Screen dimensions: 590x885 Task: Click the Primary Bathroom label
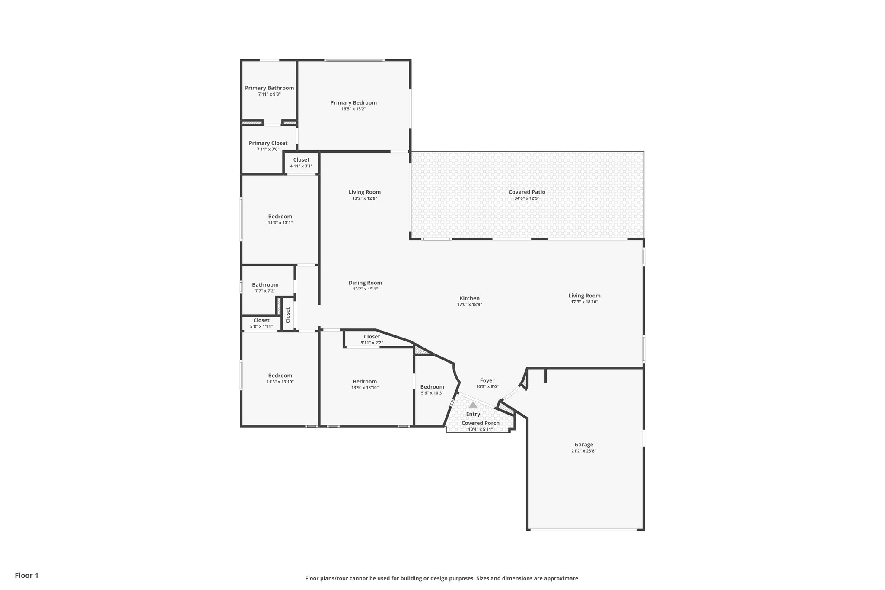pos(269,88)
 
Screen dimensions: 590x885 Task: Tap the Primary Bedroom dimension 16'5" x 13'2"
pos(353,109)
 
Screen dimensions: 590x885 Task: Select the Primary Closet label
pos(268,144)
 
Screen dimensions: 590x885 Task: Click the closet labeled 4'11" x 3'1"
pos(301,163)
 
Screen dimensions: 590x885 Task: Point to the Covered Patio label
pos(527,192)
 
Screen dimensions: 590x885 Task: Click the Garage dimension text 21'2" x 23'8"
pos(583,451)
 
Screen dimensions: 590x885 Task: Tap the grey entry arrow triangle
pos(473,405)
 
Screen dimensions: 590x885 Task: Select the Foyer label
pos(487,381)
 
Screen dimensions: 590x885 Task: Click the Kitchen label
pos(469,298)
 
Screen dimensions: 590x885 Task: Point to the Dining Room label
pos(365,283)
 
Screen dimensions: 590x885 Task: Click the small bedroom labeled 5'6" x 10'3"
pos(432,389)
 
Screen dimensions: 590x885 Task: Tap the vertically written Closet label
pos(288,315)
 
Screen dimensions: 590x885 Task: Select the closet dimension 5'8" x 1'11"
pos(261,326)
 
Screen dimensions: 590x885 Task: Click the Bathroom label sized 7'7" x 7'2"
pos(265,285)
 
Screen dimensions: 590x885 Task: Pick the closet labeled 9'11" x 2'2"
pos(372,339)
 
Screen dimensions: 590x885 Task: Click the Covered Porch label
pos(480,423)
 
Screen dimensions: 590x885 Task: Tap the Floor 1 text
pos(26,575)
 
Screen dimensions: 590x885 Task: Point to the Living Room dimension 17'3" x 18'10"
pos(584,302)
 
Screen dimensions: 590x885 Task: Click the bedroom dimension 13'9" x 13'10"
pos(365,388)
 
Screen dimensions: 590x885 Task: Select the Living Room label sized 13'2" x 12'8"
pos(365,192)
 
